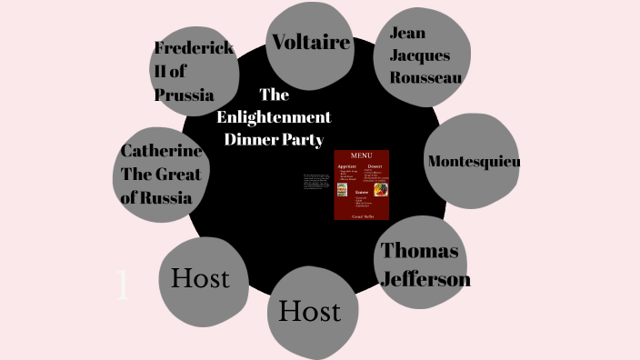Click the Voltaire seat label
pos(311,42)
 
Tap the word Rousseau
pos(425,77)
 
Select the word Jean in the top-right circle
pos(407,33)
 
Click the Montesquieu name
pos(474,161)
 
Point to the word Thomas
pos(419,251)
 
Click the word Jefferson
pos(425,278)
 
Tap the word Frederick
pos(194,49)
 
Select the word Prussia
pos(184,95)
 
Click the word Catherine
pos(162,151)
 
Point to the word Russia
pos(170,196)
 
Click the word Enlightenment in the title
pos(274,117)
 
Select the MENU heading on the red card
pos(362,156)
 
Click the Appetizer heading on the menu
pos(347,167)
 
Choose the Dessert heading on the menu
pos(375,167)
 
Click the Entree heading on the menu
pos(362,193)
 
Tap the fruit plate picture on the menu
pos(379,189)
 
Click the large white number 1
pos(124,286)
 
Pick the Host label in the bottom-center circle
pos(309,311)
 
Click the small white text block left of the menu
pos(316,181)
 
